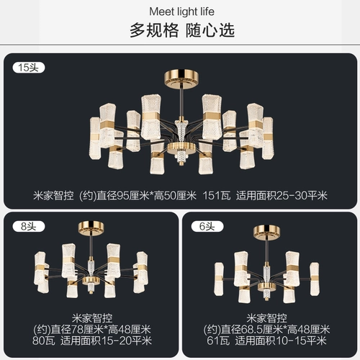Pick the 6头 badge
click(208, 225)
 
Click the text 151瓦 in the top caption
click(214, 195)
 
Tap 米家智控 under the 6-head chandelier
click(269, 316)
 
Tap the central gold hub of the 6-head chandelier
click(269, 286)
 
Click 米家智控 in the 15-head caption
click(56, 195)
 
